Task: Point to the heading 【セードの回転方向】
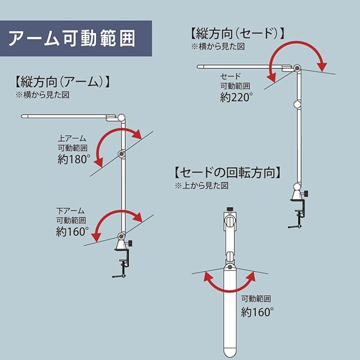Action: click(x=228, y=172)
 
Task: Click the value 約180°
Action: click(x=74, y=159)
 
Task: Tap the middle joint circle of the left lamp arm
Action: click(x=122, y=154)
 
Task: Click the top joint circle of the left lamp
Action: click(x=122, y=118)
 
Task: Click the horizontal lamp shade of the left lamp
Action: click(x=67, y=116)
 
